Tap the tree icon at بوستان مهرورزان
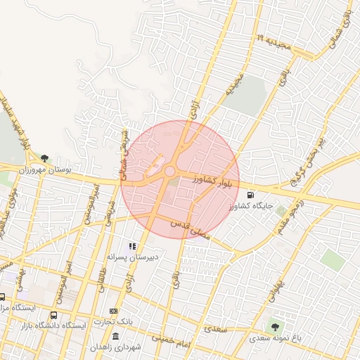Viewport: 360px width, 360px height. click(45, 158)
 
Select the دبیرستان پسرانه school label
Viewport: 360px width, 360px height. click(130, 258)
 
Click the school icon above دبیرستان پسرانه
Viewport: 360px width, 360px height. click(131, 246)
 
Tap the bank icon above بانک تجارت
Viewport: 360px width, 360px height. click(114, 311)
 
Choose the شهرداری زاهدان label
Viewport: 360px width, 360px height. click(117, 347)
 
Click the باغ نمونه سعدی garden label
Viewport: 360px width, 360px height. click(278, 338)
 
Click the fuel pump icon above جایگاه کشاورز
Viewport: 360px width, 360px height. click(250, 195)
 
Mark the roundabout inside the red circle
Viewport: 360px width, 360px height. click(169, 171)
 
